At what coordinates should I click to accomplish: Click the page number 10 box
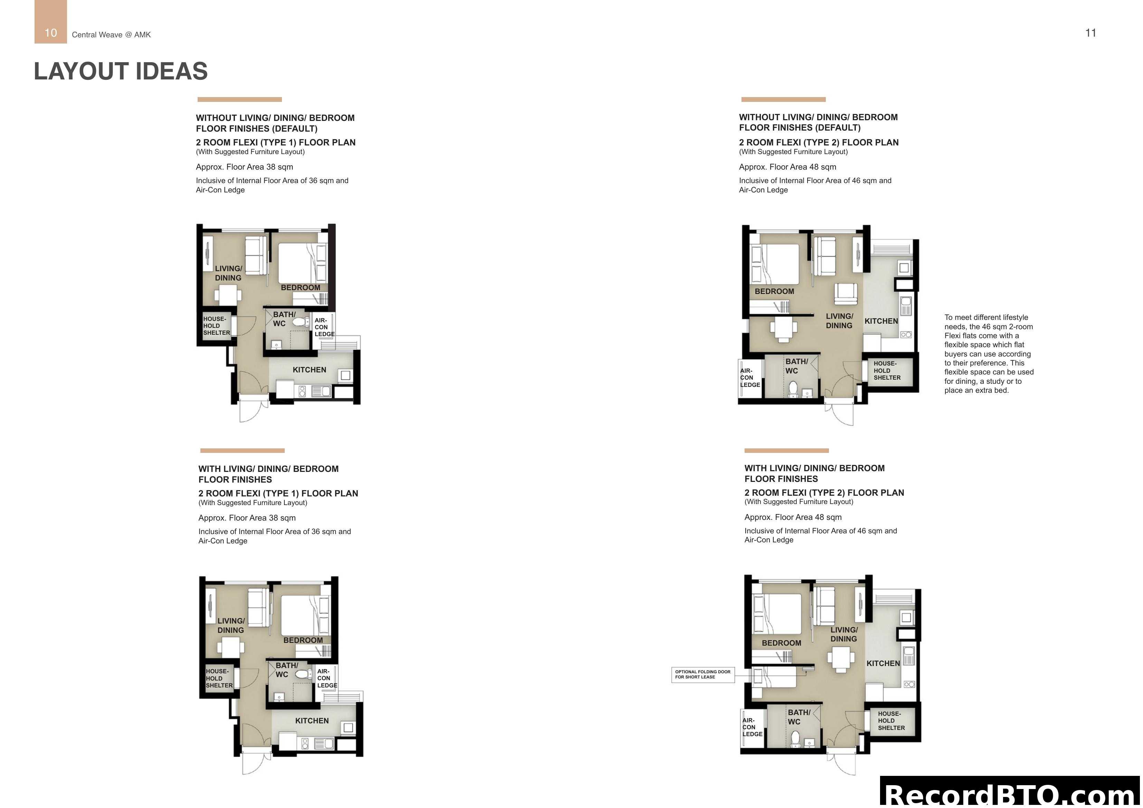[x=50, y=22]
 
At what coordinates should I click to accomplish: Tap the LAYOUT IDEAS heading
[x=121, y=71]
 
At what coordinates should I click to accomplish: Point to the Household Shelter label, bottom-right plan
[x=891, y=720]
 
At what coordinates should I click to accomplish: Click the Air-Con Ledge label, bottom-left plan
[x=327, y=678]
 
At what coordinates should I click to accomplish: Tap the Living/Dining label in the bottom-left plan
[x=230, y=625]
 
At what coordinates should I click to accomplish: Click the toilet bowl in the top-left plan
[x=300, y=322]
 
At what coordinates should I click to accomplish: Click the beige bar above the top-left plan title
[x=239, y=99]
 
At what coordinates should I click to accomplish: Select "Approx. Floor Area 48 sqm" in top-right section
[x=787, y=167]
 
